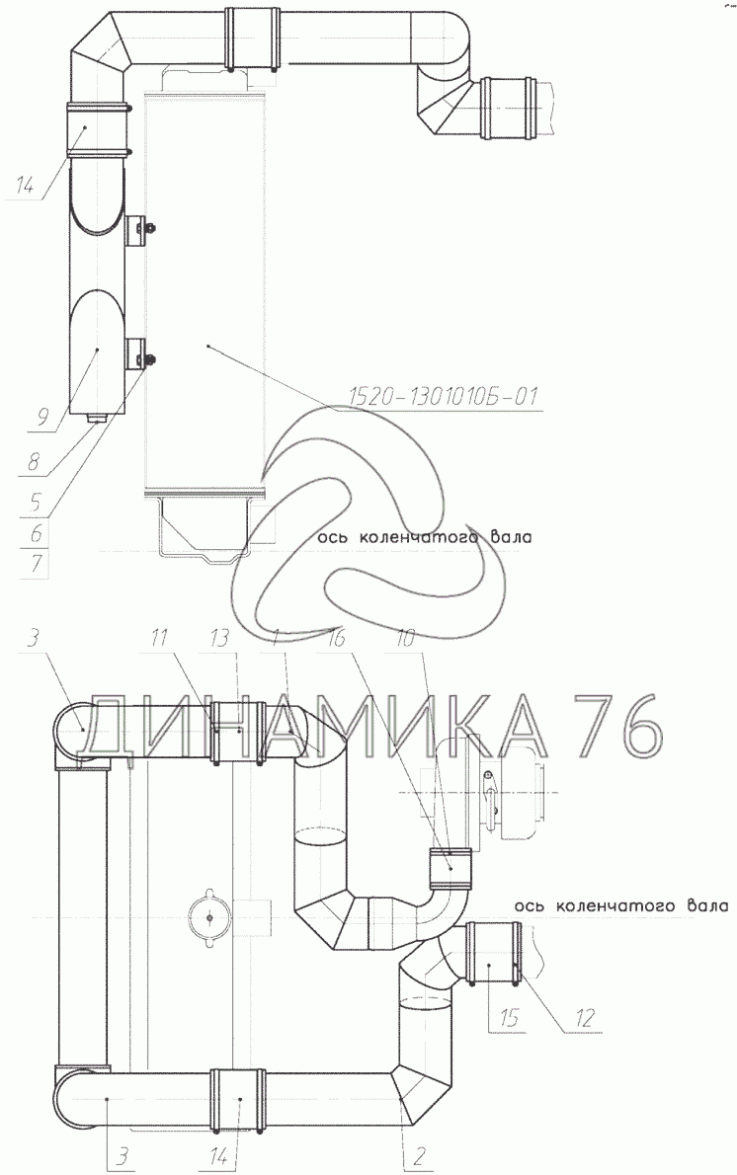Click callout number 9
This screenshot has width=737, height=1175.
pyautogui.click(x=35, y=419)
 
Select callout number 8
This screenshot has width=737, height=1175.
pyautogui.click(x=34, y=461)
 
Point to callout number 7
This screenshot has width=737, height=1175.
pyautogui.click(x=36, y=564)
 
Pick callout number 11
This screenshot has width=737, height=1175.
pyautogui.click(x=158, y=637)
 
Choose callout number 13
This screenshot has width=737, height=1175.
pyautogui.click(x=220, y=637)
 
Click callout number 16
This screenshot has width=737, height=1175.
pyautogui.click(x=337, y=637)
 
